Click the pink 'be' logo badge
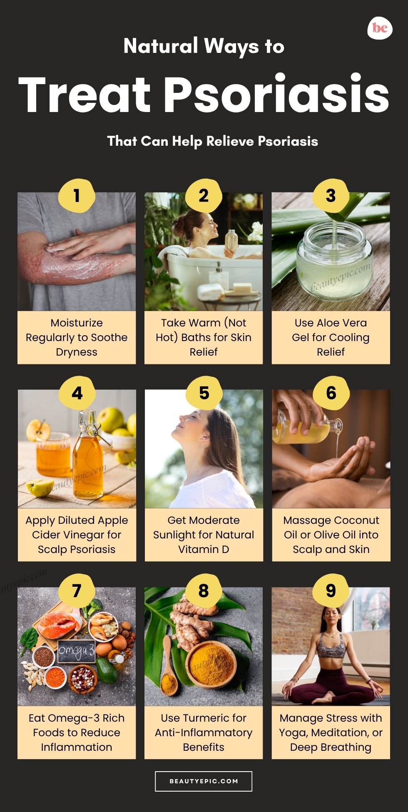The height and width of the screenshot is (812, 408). click(380, 28)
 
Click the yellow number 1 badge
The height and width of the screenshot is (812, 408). click(77, 196)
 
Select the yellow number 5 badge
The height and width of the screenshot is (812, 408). click(204, 393)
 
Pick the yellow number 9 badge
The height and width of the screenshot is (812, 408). click(331, 590)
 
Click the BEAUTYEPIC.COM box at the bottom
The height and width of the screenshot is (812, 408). click(204, 781)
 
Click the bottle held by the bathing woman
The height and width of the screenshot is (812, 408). click(231, 242)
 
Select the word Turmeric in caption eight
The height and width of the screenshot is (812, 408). click(204, 718)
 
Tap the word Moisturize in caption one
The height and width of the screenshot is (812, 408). click(77, 323)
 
